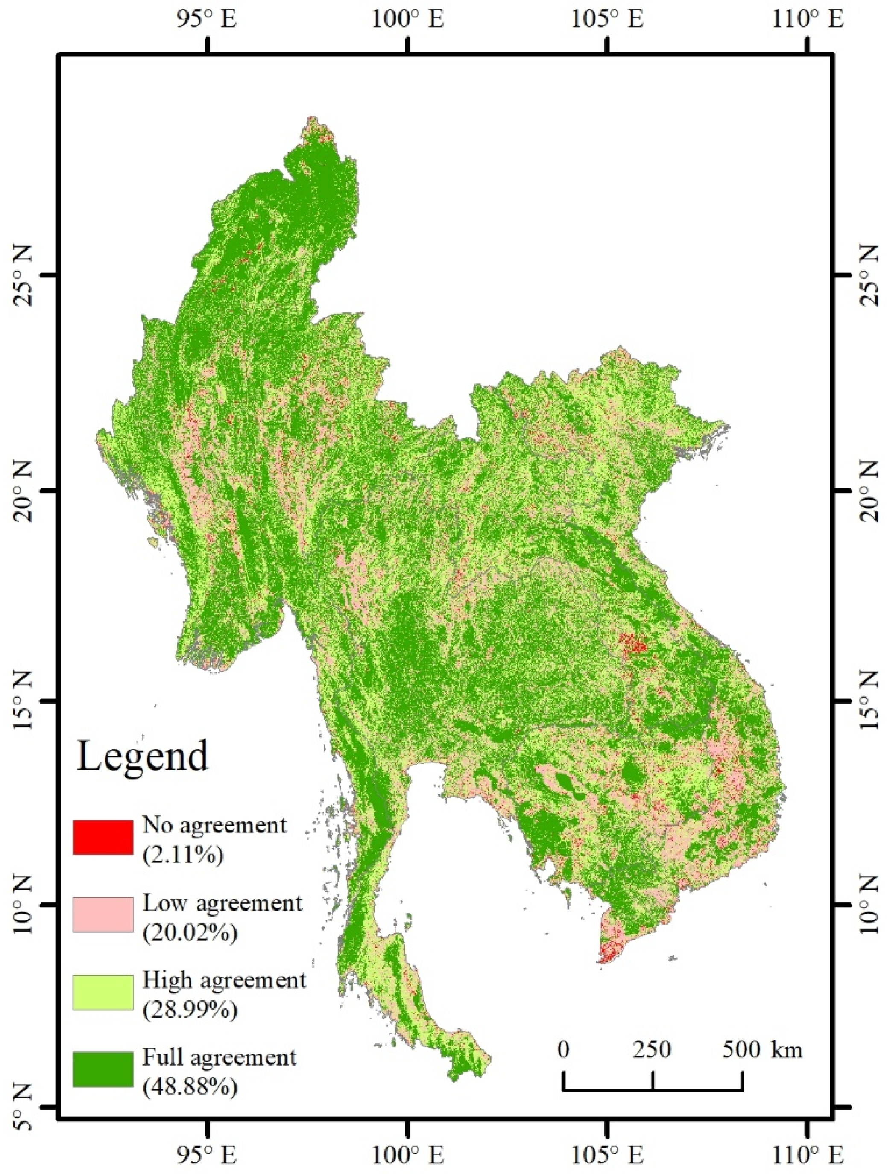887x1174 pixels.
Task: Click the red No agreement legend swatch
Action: tap(102, 837)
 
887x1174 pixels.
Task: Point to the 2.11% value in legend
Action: tap(183, 855)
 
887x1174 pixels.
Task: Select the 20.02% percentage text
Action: tap(190, 932)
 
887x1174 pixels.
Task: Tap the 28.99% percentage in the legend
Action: tap(190, 1010)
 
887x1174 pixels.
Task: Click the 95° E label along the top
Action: tap(207, 20)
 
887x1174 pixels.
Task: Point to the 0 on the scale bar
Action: tap(564, 1048)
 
